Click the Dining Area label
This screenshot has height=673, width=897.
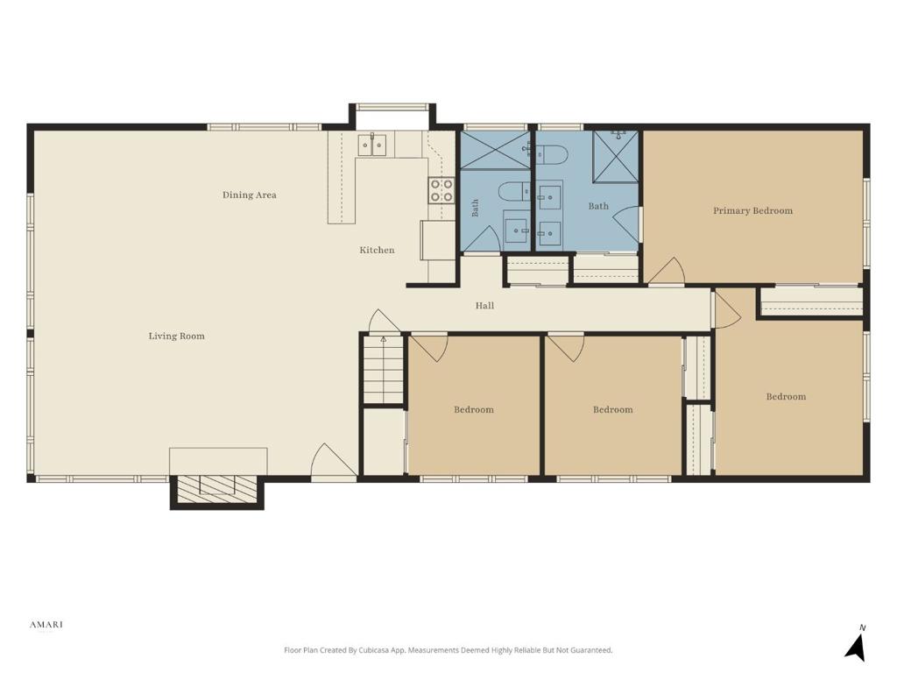point(250,195)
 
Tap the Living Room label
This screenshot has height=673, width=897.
point(176,336)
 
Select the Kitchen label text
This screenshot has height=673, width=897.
point(377,250)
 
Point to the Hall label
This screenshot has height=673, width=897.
point(484,306)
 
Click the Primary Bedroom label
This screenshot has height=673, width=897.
point(752,210)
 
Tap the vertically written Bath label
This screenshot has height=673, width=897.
point(475,208)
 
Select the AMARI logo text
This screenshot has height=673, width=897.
point(46,624)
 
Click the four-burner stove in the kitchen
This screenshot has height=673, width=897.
point(441,190)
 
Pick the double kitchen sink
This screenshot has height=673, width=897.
point(371,145)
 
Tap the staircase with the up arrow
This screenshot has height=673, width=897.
point(384,370)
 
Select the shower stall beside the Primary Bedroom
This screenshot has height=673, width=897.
point(616,157)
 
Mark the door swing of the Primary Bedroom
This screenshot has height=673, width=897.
point(667,271)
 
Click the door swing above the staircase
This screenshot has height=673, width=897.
point(385,321)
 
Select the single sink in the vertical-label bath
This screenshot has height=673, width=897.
point(517,230)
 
